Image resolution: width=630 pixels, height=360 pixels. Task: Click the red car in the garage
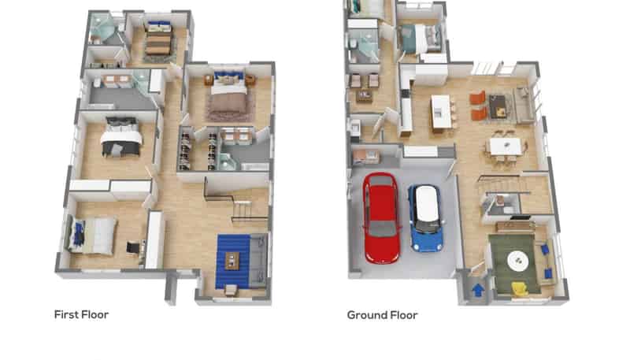381,218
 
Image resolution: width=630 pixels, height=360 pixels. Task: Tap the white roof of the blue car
427,204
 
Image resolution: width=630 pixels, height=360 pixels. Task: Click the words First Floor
81,314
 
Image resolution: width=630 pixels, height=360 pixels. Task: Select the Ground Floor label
382,315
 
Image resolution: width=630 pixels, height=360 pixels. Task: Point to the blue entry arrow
478,289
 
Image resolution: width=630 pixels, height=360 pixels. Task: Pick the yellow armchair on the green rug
520,289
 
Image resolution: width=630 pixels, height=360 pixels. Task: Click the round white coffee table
518,262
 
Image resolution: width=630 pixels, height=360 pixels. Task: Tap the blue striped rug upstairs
233,262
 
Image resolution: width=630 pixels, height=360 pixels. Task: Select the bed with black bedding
121,136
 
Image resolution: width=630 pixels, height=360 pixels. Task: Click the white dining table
506,147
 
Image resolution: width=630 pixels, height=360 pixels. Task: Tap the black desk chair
132,247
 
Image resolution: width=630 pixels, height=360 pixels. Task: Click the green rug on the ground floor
516,264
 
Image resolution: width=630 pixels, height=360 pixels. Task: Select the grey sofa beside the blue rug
258,262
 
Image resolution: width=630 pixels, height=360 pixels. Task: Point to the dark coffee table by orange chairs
497,106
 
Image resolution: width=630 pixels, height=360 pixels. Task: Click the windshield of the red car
382,229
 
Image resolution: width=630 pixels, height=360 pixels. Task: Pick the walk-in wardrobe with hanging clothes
198,148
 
